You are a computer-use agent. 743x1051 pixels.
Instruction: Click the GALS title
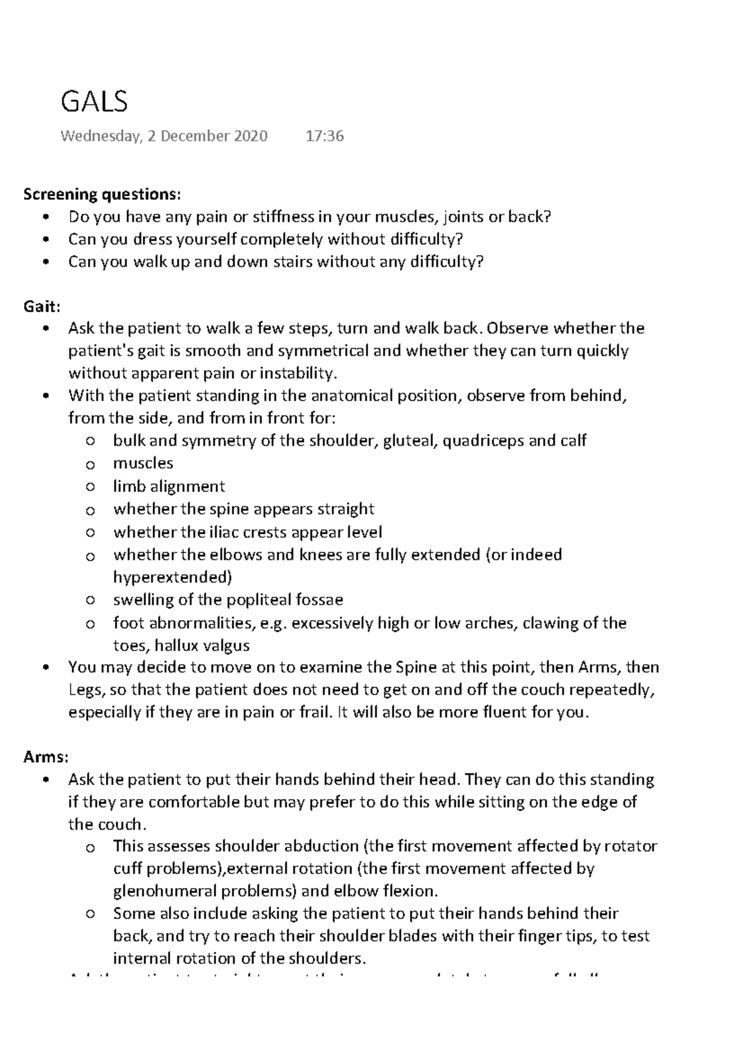click(94, 102)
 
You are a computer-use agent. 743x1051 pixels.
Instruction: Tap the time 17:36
click(324, 136)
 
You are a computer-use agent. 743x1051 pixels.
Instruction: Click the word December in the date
click(197, 136)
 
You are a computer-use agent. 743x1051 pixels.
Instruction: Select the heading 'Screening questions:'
click(102, 194)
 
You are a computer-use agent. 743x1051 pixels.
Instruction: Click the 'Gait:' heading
click(41, 306)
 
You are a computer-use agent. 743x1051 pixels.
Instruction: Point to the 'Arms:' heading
click(45, 756)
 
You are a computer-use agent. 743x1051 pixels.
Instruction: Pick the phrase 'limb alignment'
click(168, 487)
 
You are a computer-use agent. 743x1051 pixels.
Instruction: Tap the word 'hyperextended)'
click(172, 577)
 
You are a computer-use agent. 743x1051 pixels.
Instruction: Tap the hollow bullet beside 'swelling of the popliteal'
click(91, 600)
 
